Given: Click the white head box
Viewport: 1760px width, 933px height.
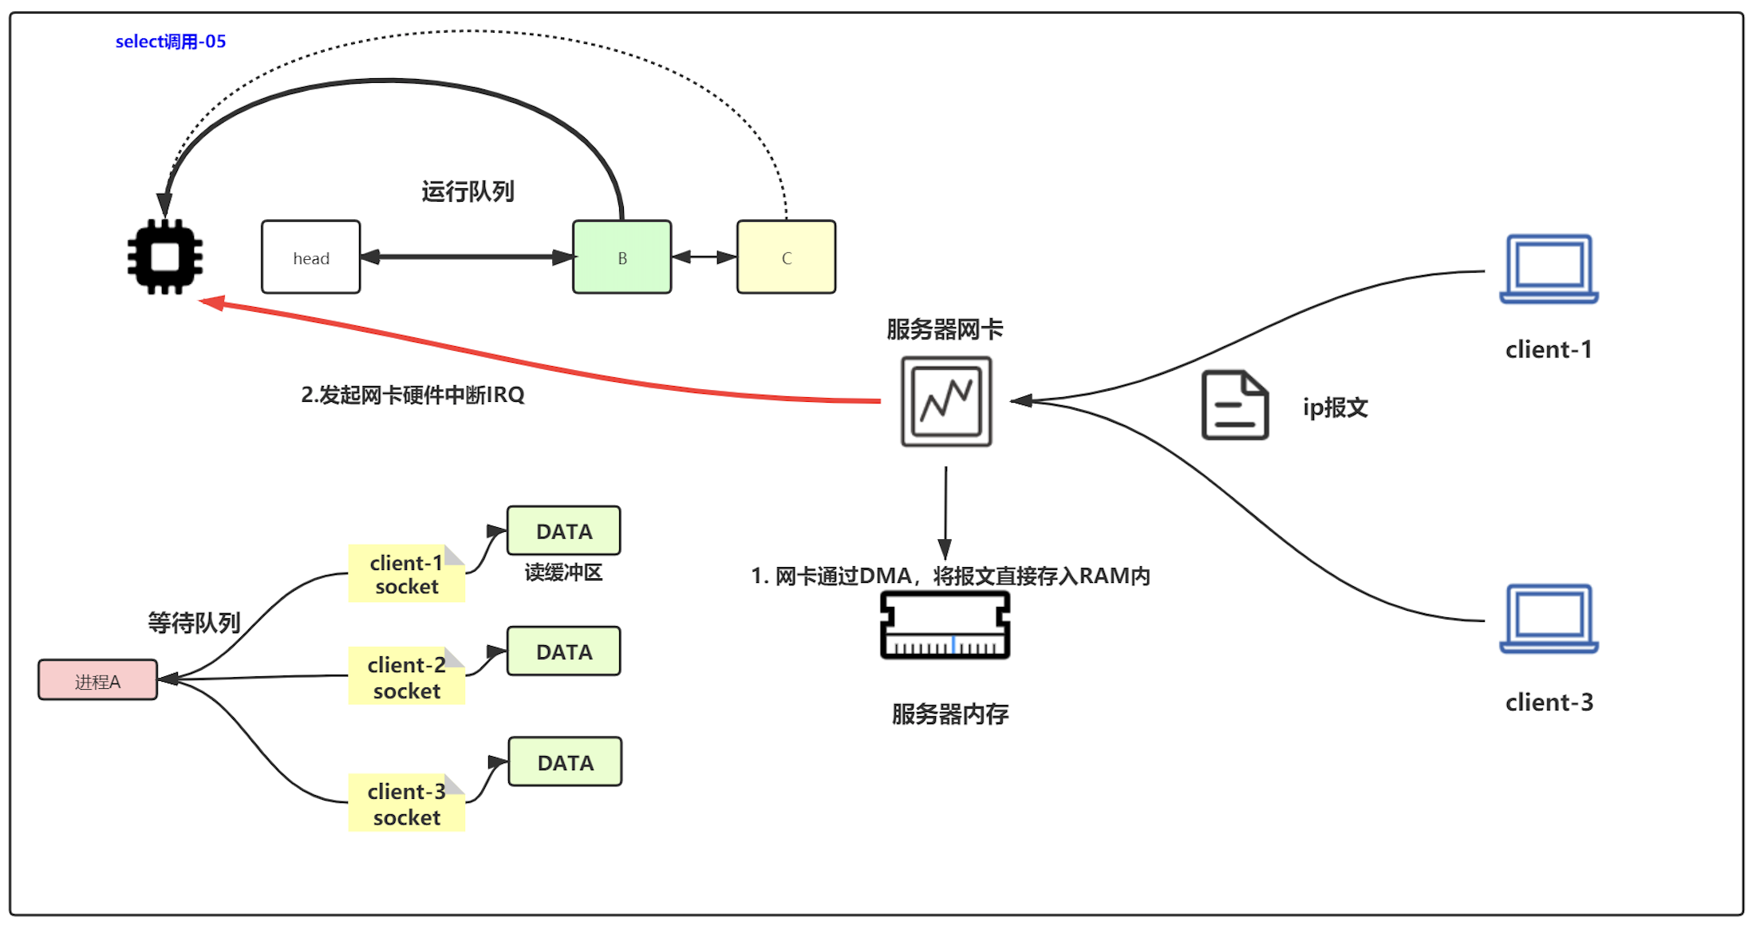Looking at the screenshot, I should click(310, 257).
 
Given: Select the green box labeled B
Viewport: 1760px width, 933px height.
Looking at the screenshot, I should click(622, 257).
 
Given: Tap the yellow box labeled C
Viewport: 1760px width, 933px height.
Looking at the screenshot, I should click(786, 257).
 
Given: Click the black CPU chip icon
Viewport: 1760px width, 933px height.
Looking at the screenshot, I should click(165, 257).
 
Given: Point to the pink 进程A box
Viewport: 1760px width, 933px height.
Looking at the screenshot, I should click(97, 680).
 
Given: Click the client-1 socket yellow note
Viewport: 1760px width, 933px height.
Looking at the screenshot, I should click(406, 574).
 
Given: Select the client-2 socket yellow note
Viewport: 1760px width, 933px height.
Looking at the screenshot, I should click(406, 677).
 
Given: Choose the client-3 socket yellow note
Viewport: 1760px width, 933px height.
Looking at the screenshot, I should click(406, 804).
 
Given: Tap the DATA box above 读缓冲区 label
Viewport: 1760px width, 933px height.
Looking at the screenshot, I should click(563, 531).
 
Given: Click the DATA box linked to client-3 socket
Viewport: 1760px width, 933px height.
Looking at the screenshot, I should click(565, 762).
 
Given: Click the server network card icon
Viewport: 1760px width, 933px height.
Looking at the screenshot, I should click(946, 401).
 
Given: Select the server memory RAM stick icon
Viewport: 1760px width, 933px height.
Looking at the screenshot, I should click(945, 625).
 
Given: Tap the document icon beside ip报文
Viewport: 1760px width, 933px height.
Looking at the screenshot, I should click(1234, 405).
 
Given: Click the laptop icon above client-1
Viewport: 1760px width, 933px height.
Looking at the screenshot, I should click(1549, 269).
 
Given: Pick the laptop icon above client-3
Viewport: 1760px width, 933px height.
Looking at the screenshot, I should click(1549, 619).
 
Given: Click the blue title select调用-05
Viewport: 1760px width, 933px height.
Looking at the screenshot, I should click(171, 41).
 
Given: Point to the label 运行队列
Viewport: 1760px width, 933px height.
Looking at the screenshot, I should click(468, 191).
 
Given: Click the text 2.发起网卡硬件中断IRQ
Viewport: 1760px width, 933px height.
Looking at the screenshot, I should click(412, 395).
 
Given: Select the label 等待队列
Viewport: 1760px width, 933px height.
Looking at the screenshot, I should click(194, 622).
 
